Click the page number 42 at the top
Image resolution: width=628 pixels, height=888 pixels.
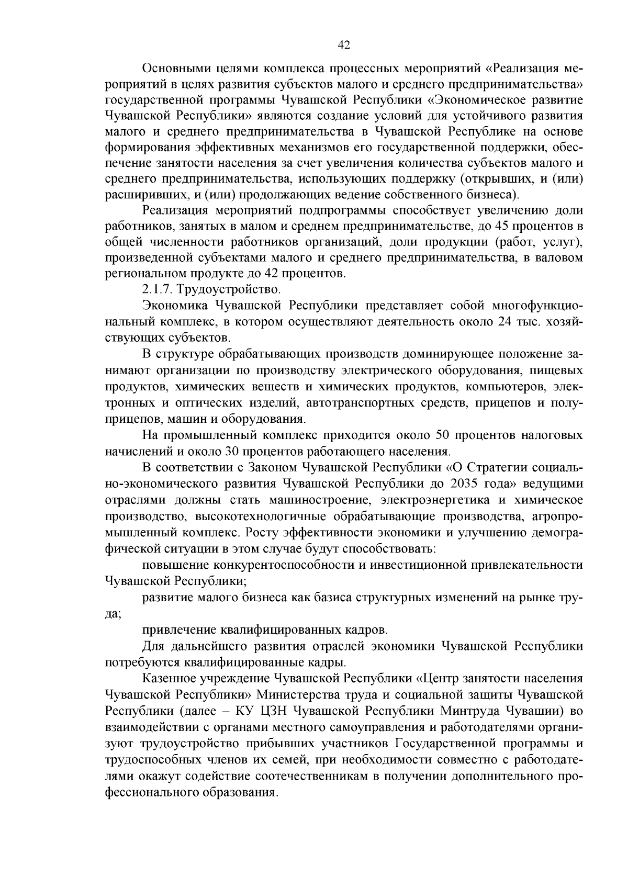click(344, 46)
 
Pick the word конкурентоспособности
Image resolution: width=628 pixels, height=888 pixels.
click(283, 565)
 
